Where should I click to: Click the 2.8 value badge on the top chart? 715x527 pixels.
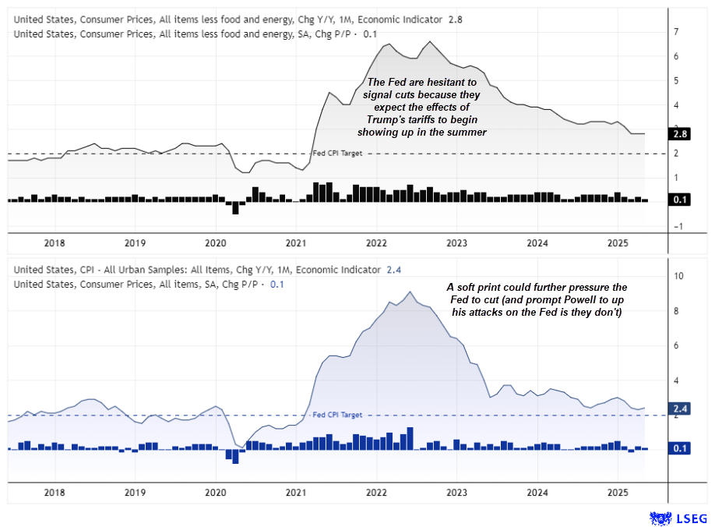(x=678, y=134)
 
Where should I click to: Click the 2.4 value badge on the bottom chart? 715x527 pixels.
(x=678, y=408)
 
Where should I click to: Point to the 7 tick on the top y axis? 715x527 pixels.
(x=675, y=32)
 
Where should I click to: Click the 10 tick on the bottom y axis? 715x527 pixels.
(x=678, y=276)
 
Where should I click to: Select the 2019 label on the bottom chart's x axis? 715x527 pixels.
(x=135, y=493)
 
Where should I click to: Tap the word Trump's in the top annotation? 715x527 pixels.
(x=386, y=120)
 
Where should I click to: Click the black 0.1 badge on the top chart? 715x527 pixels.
(x=678, y=200)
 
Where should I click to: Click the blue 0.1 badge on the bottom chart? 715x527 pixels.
(x=678, y=449)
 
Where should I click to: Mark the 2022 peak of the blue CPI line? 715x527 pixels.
(x=410, y=292)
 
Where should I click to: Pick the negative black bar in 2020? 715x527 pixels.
(x=235, y=207)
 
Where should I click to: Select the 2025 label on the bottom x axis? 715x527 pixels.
(x=618, y=493)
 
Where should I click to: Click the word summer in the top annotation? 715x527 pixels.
(x=469, y=133)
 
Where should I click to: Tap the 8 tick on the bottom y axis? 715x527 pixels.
(x=675, y=310)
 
